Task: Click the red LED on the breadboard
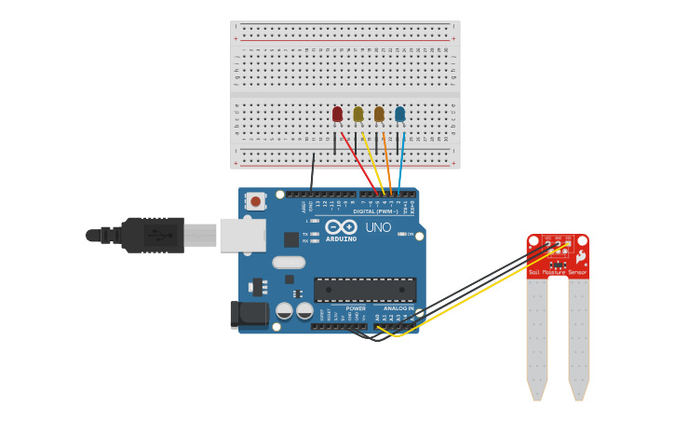point(337,114)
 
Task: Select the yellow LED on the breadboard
point(358,114)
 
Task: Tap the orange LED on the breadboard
point(379,114)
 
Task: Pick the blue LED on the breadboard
point(399,114)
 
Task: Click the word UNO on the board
point(378,227)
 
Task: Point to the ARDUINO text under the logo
point(342,238)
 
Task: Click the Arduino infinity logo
point(342,226)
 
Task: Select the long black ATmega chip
point(364,290)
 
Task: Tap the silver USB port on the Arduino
point(242,235)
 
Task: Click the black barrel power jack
point(249,315)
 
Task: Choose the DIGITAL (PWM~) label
point(377,211)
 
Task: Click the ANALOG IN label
point(398,307)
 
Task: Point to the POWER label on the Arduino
point(356,307)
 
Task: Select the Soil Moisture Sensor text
point(558,273)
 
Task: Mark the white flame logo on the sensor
point(581,255)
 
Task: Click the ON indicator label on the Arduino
point(410,234)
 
